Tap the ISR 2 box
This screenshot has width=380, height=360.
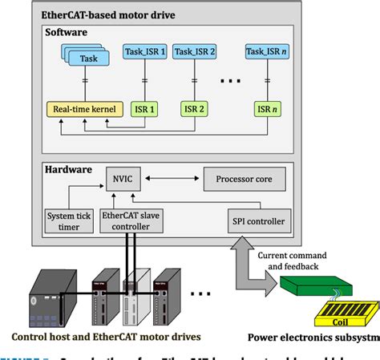[194, 107]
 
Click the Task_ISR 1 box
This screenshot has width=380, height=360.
[146, 52]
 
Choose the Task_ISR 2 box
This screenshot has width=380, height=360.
[195, 52]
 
